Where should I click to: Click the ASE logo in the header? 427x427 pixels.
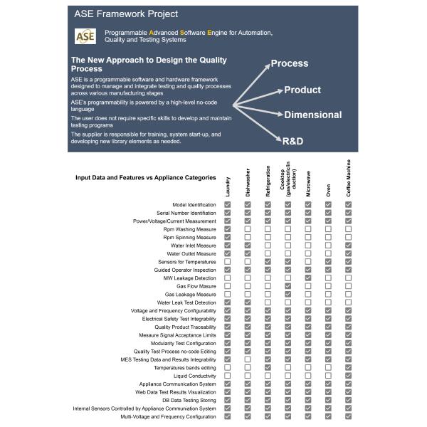click(x=85, y=36)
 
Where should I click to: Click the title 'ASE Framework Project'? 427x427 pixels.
click(x=126, y=14)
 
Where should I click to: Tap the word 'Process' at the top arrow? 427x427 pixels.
click(x=290, y=63)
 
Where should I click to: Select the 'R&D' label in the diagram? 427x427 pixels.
click(x=292, y=141)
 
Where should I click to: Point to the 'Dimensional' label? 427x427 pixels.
click(x=313, y=115)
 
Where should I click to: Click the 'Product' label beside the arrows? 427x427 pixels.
click(x=302, y=90)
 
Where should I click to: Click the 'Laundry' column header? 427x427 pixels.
click(x=228, y=186)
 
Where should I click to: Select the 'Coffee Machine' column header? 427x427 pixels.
click(x=349, y=178)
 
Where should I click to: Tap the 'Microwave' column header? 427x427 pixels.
click(x=308, y=183)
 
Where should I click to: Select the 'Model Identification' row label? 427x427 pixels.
click(x=194, y=205)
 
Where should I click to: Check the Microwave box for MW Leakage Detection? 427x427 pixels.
click(x=308, y=278)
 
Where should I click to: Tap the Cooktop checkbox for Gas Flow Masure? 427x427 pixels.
click(x=288, y=286)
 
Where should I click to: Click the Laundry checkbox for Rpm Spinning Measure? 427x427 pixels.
click(x=228, y=238)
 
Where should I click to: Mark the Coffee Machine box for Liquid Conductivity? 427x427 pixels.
click(x=349, y=376)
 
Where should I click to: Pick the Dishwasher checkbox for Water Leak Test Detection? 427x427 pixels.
click(x=248, y=302)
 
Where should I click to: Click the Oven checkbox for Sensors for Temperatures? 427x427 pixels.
click(x=328, y=262)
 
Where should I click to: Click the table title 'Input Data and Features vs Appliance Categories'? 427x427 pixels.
click(x=145, y=178)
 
